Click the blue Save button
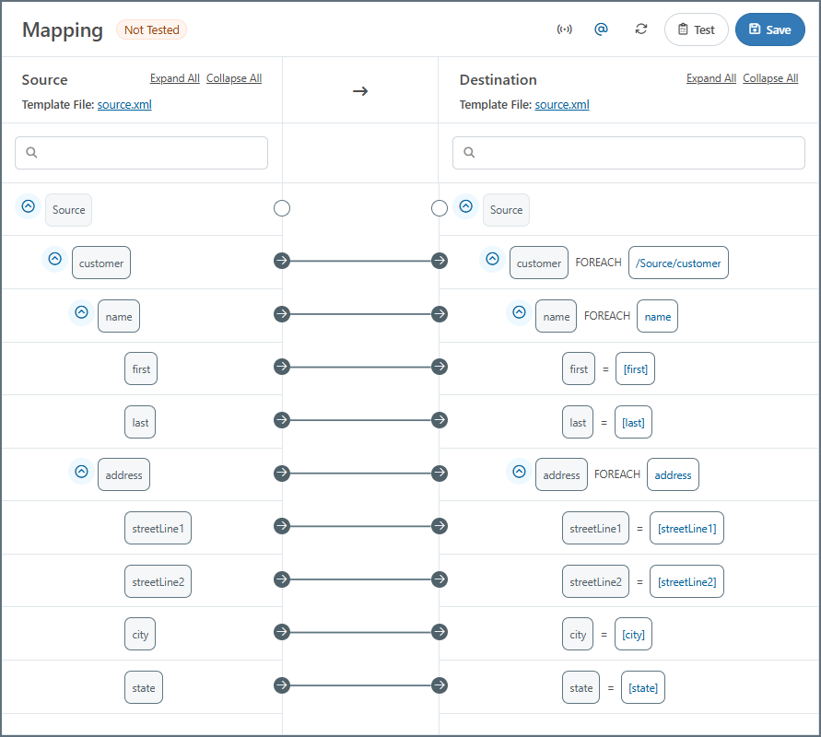pos(769,29)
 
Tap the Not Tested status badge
pos(152,29)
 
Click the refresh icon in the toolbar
pos(641,29)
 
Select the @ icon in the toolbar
pos(601,29)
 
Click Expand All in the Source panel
pos(174,78)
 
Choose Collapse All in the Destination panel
pos(770,78)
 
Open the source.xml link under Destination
pos(562,105)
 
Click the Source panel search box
pos(141,153)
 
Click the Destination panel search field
pos(628,153)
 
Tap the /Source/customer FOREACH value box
pos(678,263)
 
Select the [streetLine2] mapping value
pos(687,581)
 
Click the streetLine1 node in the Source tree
pos(158,528)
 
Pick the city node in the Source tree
pos(140,635)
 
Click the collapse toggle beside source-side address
pos(82,472)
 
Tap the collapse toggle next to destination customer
pos(492,259)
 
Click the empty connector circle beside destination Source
pos(440,208)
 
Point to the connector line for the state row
pos(361,685)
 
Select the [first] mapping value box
pos(635,369)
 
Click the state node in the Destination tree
pos(581,688)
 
